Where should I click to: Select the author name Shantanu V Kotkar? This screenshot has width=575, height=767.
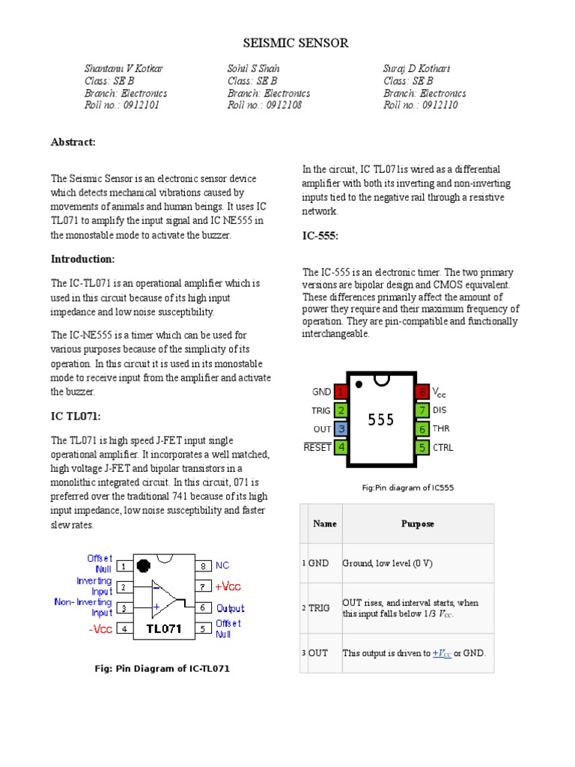(124, 69)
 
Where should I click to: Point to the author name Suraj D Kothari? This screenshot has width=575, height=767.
(416, 69)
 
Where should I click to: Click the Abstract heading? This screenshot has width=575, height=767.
(73, 142)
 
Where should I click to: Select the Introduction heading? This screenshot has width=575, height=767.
(82, 259)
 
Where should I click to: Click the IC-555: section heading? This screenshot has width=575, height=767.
(320, 236)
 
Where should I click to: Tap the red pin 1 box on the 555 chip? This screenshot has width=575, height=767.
(341, 392)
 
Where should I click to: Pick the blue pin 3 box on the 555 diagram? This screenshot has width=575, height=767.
(341, 429)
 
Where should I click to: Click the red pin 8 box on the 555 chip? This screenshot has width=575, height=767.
(422, 392)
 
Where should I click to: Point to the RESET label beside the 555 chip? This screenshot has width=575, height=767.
(317, 448)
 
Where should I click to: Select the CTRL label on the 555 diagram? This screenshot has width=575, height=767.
(442, 448)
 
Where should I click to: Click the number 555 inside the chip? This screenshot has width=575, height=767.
(380, 420)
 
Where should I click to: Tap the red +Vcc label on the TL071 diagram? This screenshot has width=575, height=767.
(229, 586)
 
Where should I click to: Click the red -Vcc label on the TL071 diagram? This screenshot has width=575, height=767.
(100, 629)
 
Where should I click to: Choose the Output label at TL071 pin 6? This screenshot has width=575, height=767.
(230, 608)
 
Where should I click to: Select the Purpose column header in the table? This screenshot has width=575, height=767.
(418, 524)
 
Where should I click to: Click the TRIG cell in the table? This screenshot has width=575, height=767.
(319, 608)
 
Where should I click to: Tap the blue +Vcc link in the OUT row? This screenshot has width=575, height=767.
(442, 653)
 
